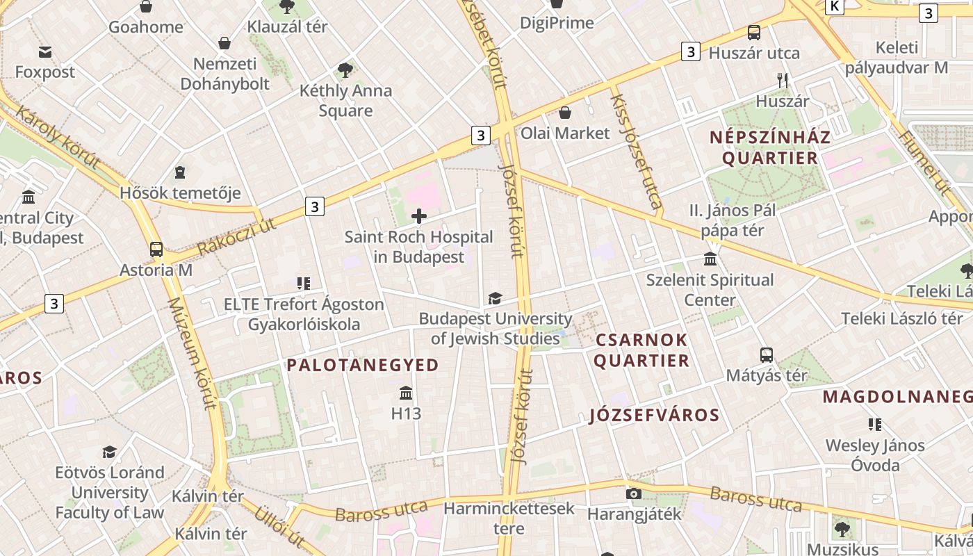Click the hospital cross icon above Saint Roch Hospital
[x=419, y=216]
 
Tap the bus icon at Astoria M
[x=156, y=250]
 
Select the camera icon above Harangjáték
[x=634, y=493]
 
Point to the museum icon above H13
[x=407, y=393]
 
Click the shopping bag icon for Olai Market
[x=565, y=113]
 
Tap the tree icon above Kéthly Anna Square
[x=345, y=69]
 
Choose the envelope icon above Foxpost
[x=45, y=52]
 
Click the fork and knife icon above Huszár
[x=783, y=81]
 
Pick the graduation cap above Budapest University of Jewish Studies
[x=495, y=298]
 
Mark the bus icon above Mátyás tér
[x=767, y=355]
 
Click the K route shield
[x=835, y=6]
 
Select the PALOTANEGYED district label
[x=363, y=365]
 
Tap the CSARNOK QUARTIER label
[x=641, y=350]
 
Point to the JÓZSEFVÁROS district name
[x=654, y=416]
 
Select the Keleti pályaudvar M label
[x=897, y=58]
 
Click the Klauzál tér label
[x=288, y=27]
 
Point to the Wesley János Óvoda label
[x=875, y=455]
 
